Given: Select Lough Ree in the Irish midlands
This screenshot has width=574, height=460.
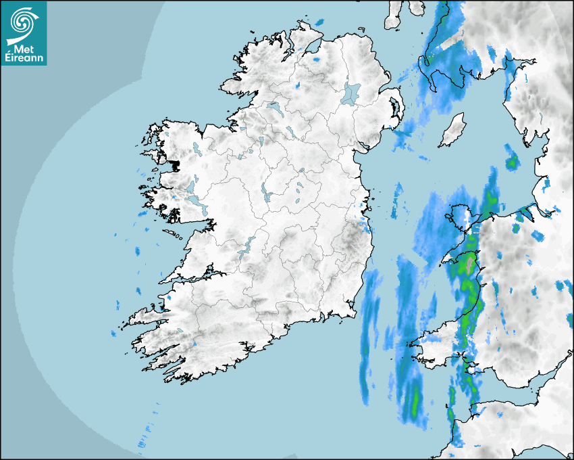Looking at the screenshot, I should point(265,192).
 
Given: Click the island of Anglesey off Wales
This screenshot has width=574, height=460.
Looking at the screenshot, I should point(462,216).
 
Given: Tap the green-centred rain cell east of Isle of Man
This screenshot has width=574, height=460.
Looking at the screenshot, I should point(512,162).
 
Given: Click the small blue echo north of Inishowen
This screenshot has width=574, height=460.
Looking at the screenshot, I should point(319,22).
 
